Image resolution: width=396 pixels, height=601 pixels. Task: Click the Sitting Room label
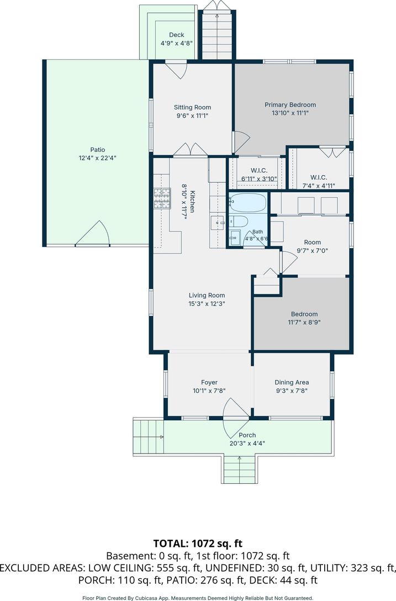192,107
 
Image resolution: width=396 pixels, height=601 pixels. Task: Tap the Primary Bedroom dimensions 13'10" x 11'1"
290,113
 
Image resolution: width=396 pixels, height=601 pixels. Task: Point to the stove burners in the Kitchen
162,199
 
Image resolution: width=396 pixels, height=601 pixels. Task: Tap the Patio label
98,150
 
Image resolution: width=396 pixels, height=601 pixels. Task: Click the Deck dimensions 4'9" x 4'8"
176,43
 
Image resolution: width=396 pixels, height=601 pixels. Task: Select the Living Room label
207,295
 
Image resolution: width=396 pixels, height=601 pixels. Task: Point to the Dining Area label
292,382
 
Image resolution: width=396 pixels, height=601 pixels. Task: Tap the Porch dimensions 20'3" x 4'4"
247,444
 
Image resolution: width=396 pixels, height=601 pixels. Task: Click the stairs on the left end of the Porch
149,436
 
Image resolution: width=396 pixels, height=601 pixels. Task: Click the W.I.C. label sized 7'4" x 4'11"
319,177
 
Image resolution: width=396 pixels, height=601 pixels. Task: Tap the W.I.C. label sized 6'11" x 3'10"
259,170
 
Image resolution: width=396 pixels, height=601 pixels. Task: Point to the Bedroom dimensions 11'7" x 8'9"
304,323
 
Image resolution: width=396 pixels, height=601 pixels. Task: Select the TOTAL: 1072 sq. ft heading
198,543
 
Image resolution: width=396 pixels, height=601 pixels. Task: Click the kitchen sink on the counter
218,222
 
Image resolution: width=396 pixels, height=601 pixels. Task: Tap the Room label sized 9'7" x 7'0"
313,242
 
